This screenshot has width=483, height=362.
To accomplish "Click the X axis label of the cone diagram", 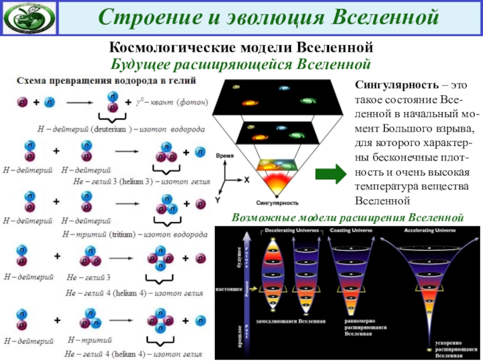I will tap(246, 179).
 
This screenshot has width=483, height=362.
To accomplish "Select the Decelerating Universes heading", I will tap(289, 230).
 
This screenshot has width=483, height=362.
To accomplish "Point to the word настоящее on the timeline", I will tap(226, 290).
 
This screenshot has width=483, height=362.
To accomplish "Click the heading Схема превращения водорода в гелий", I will tap(109, 80).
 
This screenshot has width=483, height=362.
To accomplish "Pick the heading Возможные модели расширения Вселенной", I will tap(348, 217).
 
